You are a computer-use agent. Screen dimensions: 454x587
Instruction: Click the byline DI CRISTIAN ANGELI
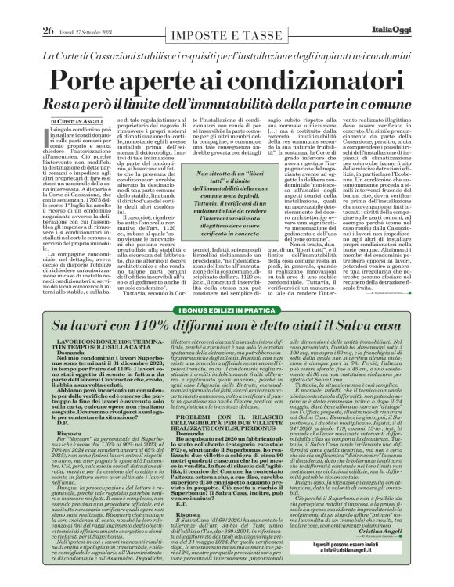tap(77, 122)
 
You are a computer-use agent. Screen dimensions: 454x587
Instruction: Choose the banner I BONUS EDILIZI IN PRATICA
tap(226, 312)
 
